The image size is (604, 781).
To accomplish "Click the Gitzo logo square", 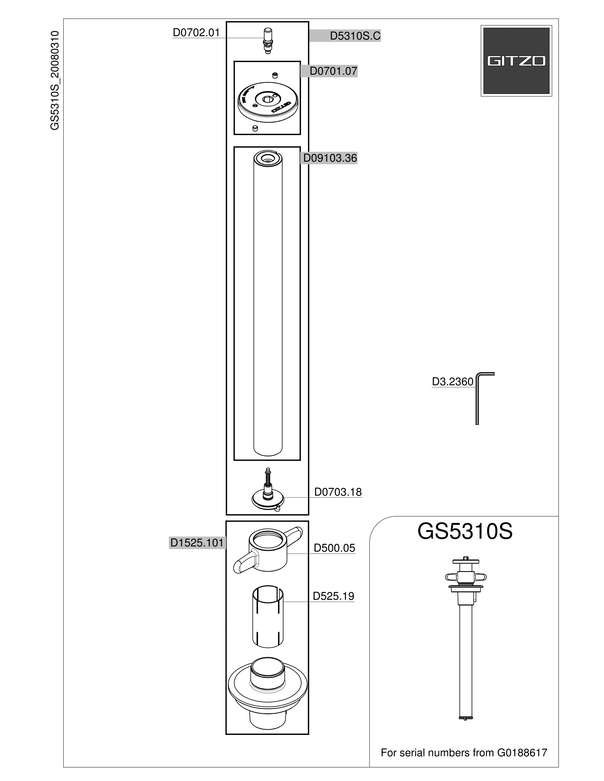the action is pyautogui.click(x=516, y=61).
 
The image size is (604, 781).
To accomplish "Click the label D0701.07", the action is pyautogui.click(x=333, y=71).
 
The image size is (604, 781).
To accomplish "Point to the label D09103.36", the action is pyautogui.click(x=330, y=158).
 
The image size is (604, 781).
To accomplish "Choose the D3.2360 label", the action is pyautogui.click(x=453, y=382).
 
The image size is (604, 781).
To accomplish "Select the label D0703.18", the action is pyautogui.click(x=338, y=492).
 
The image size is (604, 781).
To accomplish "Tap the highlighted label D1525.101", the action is pyautogui.click(x=197, y=543).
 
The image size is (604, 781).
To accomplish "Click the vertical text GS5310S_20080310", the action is pyautogui.click(x=54, y=80).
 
